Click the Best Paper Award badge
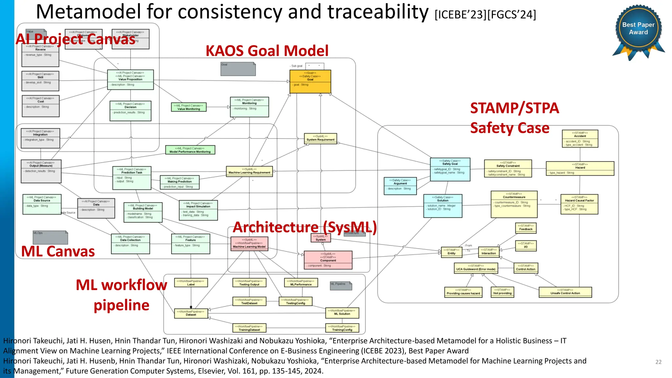(638, 30)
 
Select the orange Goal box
(310, 81)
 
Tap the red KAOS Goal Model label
(267, 51)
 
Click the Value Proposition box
(130, 79)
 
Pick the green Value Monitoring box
(189, 107)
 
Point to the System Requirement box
(320, 138)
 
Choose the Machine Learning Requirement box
(249, 171)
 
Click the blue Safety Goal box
(450, 169)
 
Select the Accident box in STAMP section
(580, 138)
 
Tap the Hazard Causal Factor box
(579, 204)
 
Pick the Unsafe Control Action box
(565, 292)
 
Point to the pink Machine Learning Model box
(249, 244)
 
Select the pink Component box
(328, 260)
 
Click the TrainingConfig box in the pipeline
(342, 328)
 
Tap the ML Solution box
(342, 313)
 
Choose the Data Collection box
(130, 243)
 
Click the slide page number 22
(658, 362)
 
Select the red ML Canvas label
(58, 251)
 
